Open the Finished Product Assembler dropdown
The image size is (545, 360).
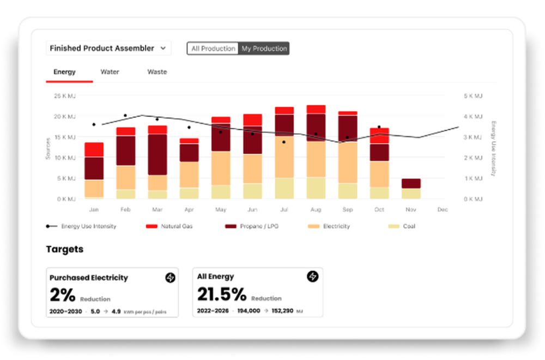(x=108, y=49)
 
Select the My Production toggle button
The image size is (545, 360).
(x=264, y=49)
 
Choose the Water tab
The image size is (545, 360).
(x=110, y=72)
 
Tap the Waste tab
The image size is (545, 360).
(x=157, y=72)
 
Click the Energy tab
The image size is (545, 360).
(x=64, y=72)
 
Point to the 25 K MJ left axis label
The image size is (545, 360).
(x=65, y=96)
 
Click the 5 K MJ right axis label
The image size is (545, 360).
(x=473, y=96)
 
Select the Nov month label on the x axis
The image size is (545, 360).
(x=410, y=209)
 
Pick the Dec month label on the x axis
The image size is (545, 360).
(x=442, y=209)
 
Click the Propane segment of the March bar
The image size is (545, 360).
(x=158, y=154)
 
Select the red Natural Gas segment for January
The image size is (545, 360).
(x=94, y=149)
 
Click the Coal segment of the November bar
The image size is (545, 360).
(x=410, y=194)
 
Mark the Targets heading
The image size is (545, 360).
(x=65, y=249)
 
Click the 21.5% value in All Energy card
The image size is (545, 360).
(x=222, y=295)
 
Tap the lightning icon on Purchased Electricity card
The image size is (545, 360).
(x=170, y=278)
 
